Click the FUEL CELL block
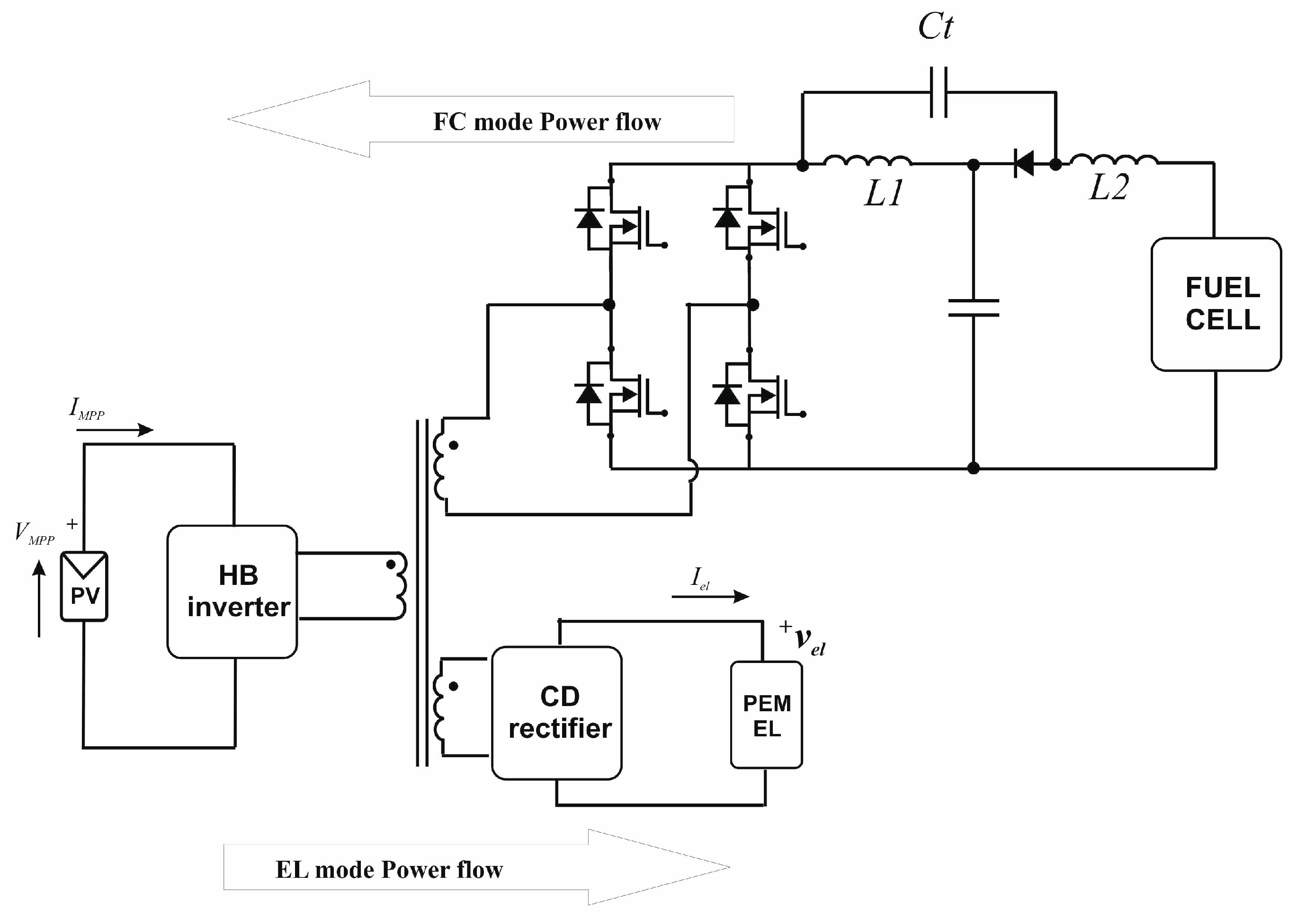click(1216, 304)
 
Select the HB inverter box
click(232, 592)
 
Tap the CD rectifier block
click(556, 713)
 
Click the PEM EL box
click(766, 715)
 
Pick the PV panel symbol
click(84, 586)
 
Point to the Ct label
click(935, 26)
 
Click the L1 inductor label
click(884, 193)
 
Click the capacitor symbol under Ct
click(939, 92)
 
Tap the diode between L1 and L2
click(1024, 164)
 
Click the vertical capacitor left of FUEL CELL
click(973, 308)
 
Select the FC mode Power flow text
click(546, 122)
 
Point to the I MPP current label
click(86, 408)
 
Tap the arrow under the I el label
click(710, 596)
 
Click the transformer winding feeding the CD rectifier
click(439, 707)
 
